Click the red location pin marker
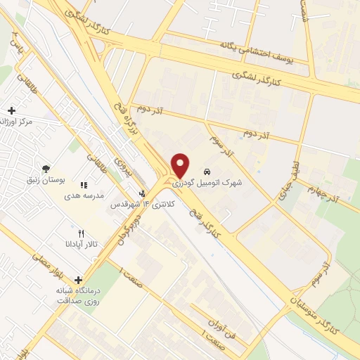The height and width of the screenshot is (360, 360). [x=181, y=165]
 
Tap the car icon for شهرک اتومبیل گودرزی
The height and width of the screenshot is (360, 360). [x=207, y=172]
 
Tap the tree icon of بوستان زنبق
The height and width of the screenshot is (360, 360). [x=46, y=169]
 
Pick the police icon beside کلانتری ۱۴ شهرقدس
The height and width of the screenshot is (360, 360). [x=143, y=194]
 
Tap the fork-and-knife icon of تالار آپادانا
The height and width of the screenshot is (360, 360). [x=81, y=233]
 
